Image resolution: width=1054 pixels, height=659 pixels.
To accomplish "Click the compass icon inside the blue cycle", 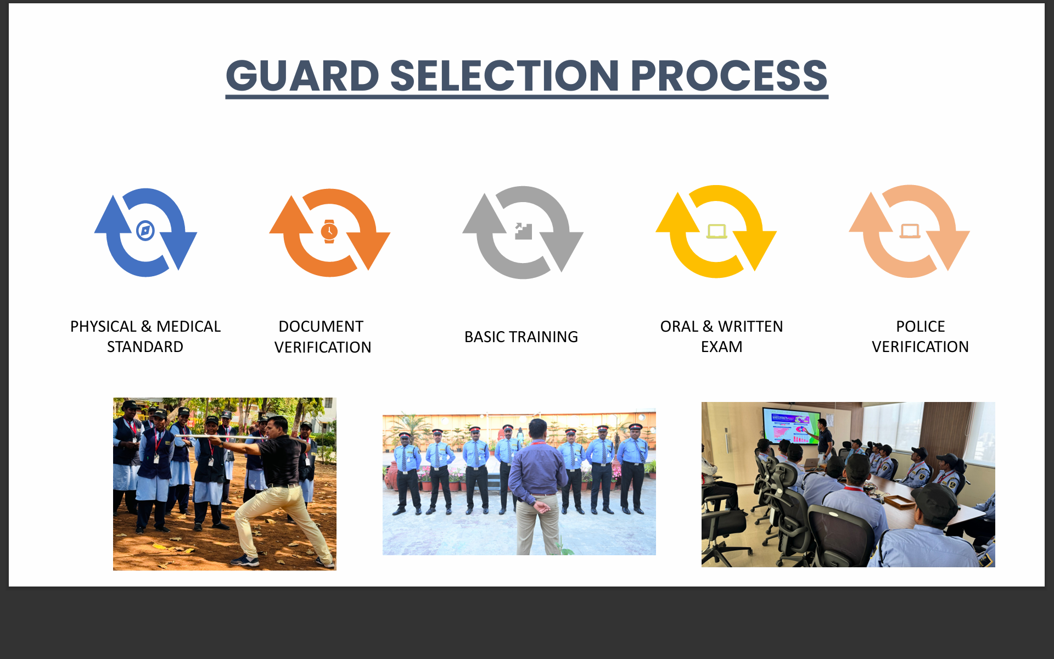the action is click(145, 231).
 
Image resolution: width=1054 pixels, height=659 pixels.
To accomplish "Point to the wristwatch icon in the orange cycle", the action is click(329, 231).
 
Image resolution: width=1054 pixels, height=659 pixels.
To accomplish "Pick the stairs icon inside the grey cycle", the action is click(523, 231).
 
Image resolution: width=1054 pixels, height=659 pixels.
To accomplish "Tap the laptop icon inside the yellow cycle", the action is click(716, 231).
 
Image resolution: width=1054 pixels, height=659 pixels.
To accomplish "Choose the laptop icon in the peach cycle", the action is click(910, 231).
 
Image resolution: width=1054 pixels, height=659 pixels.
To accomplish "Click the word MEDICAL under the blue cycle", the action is click(188, 327).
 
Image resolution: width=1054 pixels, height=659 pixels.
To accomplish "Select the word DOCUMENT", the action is click(321, 327).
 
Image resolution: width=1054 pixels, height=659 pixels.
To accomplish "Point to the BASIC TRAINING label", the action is click(521, 337).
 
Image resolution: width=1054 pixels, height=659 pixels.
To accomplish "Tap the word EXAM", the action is click(721, 347).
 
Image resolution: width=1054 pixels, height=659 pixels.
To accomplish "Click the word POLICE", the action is click(921, 327).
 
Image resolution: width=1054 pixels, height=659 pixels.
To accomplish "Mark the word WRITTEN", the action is click(750, 327).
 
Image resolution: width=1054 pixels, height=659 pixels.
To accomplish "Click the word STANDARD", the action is click(145, 347).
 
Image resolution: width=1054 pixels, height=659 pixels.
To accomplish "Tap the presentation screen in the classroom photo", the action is click(791, 425).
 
